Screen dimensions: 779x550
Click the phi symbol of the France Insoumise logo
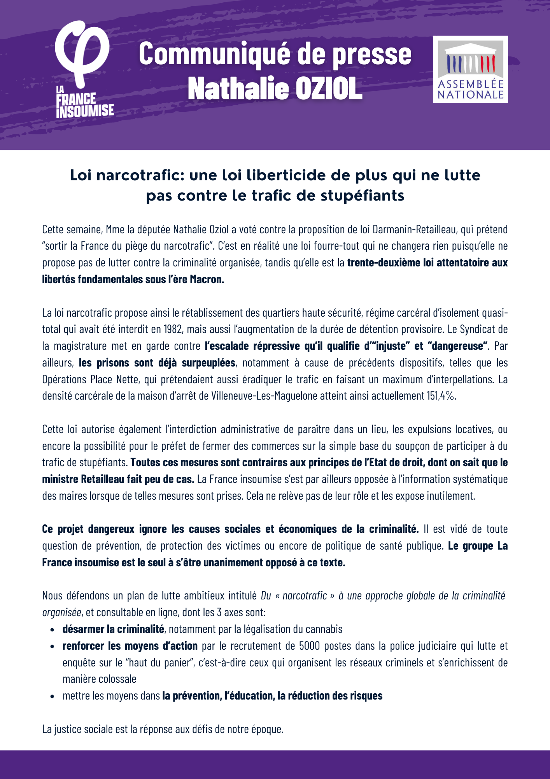[x=82, y=53]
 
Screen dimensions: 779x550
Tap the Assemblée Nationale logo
[x=470, y=69]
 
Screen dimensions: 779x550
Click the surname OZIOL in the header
[x=329, y=89]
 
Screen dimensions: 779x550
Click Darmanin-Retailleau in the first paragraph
[x=414, y=229]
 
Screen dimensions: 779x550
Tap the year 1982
[x=173, y=330]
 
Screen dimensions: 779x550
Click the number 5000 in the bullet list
[x=309, y=646]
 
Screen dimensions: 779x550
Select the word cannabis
[x=324, y=629]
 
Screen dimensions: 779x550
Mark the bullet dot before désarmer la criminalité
[x=52, y=630]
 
